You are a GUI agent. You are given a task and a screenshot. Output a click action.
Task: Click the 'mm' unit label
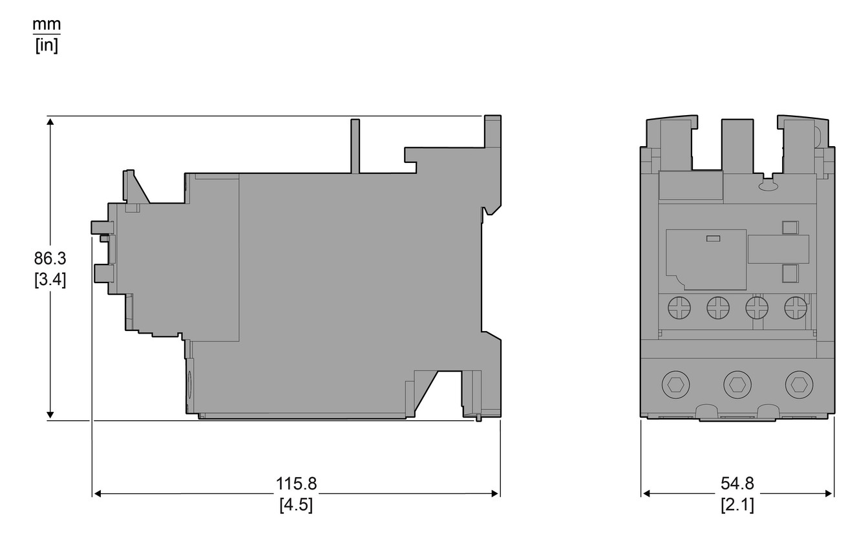pyautogui.click(x=47, y=25)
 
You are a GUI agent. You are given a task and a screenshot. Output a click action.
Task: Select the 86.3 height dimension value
pyautogui.click(x=50, y=259)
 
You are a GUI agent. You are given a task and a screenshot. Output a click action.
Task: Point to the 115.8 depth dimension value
pyautogui.click(x=297, y=484)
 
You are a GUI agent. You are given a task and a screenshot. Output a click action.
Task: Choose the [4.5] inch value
pyautogui.click(x=297, y=505)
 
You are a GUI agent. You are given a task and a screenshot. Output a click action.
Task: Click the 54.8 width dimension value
pyautogui.click(x=737, y=484)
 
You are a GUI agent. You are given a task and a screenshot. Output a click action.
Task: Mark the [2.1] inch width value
pyautogui.click(x=737, y=505)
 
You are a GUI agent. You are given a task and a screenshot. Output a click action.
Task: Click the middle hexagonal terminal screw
pyautogui.click(x=737, y=385)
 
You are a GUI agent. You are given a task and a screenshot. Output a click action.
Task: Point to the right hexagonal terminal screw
pyautogui.click(x=798, y=385)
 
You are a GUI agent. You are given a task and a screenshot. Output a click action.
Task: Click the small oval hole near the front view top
pyautogui.click(x=768, y=186)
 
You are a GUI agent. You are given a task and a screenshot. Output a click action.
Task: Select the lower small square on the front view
pyautogui.click(x=789, y=273)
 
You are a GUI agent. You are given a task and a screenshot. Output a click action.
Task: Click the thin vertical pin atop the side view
pyautogui.click(x=355, y=146)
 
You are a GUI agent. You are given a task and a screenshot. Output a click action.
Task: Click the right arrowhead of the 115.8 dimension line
pyautogui.click(x=496, y=494)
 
